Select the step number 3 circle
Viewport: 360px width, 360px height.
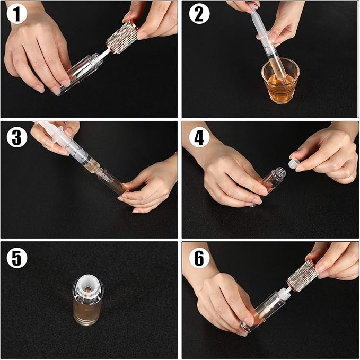coord(17,137)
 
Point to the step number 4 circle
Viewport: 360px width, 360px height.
coord(199,137)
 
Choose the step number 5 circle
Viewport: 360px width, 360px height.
coord(17,258)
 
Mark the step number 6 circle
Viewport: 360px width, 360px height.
coord(199,258)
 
